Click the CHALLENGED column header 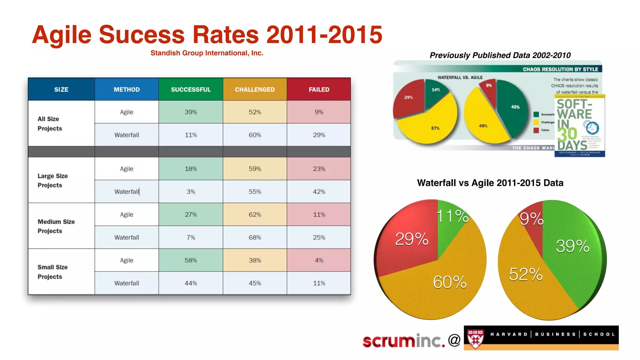point(255,89)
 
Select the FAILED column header point(319,89)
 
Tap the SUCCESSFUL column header point(191,89)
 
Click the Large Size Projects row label point(52,180)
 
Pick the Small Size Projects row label point(52,272)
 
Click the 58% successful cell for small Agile point(191,260)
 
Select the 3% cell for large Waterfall point(191,192)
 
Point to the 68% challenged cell point(255,237)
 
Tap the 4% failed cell point(319,260)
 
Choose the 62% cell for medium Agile point(255,215)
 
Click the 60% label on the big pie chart point(449,282)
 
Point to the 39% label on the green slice point(572,246)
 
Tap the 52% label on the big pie point(526,274)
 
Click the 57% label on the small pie point(435,128)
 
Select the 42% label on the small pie point(515,107)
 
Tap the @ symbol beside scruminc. point(454,340)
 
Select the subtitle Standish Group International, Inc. point(207,53)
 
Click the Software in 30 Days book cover point(579,126)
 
